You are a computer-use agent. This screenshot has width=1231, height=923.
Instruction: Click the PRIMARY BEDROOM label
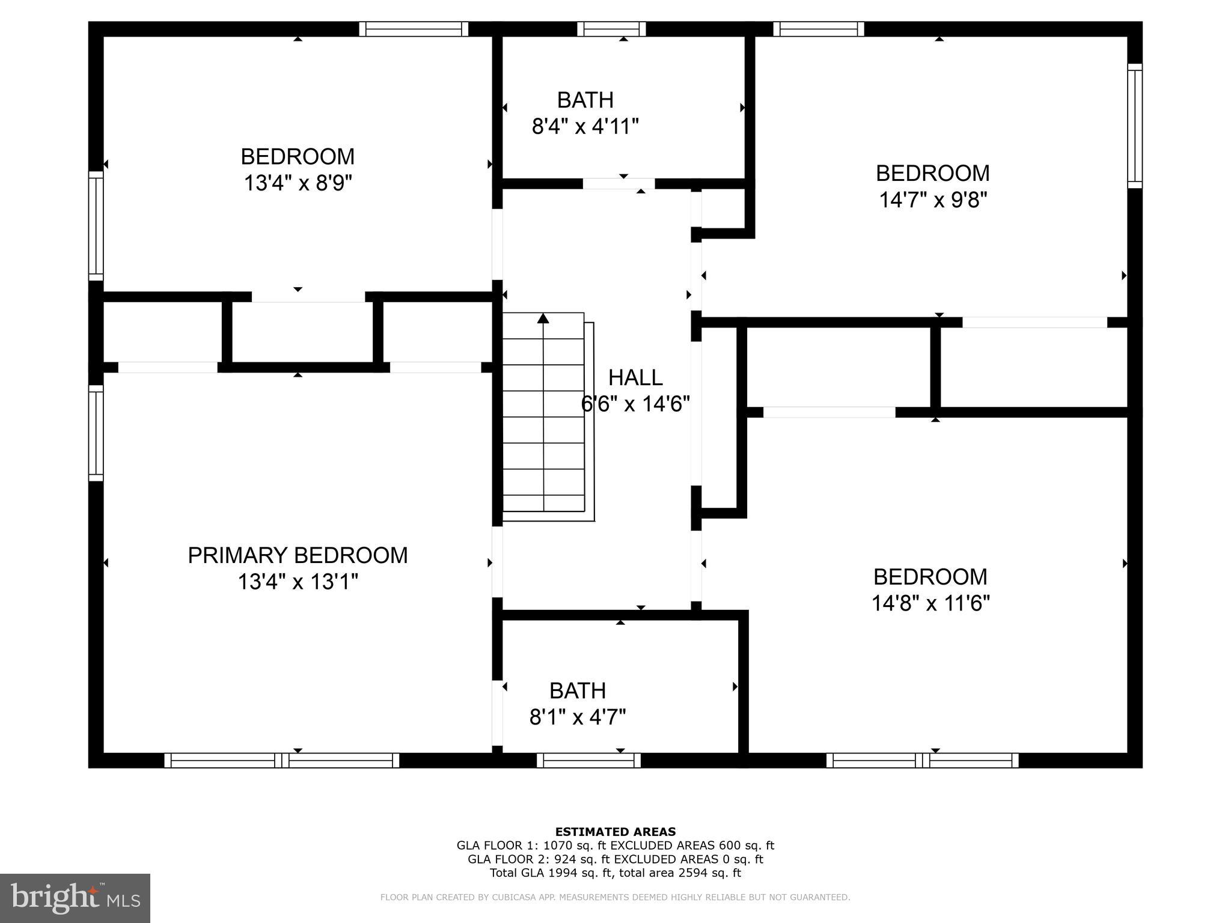click(x=298, y=555)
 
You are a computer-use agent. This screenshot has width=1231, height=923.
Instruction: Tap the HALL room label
click(x=635, y=377)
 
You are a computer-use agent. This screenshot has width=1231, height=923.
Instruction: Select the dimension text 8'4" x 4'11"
click(x=585, y=127)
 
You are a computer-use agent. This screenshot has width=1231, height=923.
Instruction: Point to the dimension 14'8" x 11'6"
click(x=930, y=603)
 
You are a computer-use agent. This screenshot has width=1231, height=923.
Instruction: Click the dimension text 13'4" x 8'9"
click(x=298, y=183)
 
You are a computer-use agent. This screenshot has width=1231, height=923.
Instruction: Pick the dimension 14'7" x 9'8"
click(x=933, y=200)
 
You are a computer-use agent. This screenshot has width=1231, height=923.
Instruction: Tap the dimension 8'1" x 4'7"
click(x=578, y=717)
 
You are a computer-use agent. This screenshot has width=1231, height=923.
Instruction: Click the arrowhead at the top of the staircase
click(x=543, y=318)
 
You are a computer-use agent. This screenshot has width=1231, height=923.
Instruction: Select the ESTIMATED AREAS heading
click(x=615, y=832)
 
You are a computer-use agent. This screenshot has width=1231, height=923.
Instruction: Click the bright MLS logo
click(x=75, y=898)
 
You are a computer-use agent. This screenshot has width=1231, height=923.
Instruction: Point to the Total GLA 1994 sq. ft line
click(x=615, y=873)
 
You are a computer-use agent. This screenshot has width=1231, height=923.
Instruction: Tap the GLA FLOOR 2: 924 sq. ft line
click(x=615, y=859)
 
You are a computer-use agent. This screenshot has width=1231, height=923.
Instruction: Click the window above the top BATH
click(x=611, y=29)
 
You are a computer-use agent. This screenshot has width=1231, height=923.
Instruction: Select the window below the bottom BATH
click(x=588, y=760)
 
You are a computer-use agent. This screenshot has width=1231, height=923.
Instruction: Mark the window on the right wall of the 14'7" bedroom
click(x=1134, y=126)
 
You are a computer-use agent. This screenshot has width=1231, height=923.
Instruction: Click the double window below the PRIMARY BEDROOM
click(x=281, y=760)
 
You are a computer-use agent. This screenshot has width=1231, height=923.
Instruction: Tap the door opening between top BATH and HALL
click(x=619, y=184)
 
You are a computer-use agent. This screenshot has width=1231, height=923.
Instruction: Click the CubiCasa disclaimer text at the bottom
click(x=615, y=897)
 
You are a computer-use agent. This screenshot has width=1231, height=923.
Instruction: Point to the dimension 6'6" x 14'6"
click(x=635, y=404)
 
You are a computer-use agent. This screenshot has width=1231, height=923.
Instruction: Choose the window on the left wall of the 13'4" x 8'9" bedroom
click(x=96, y=226)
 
